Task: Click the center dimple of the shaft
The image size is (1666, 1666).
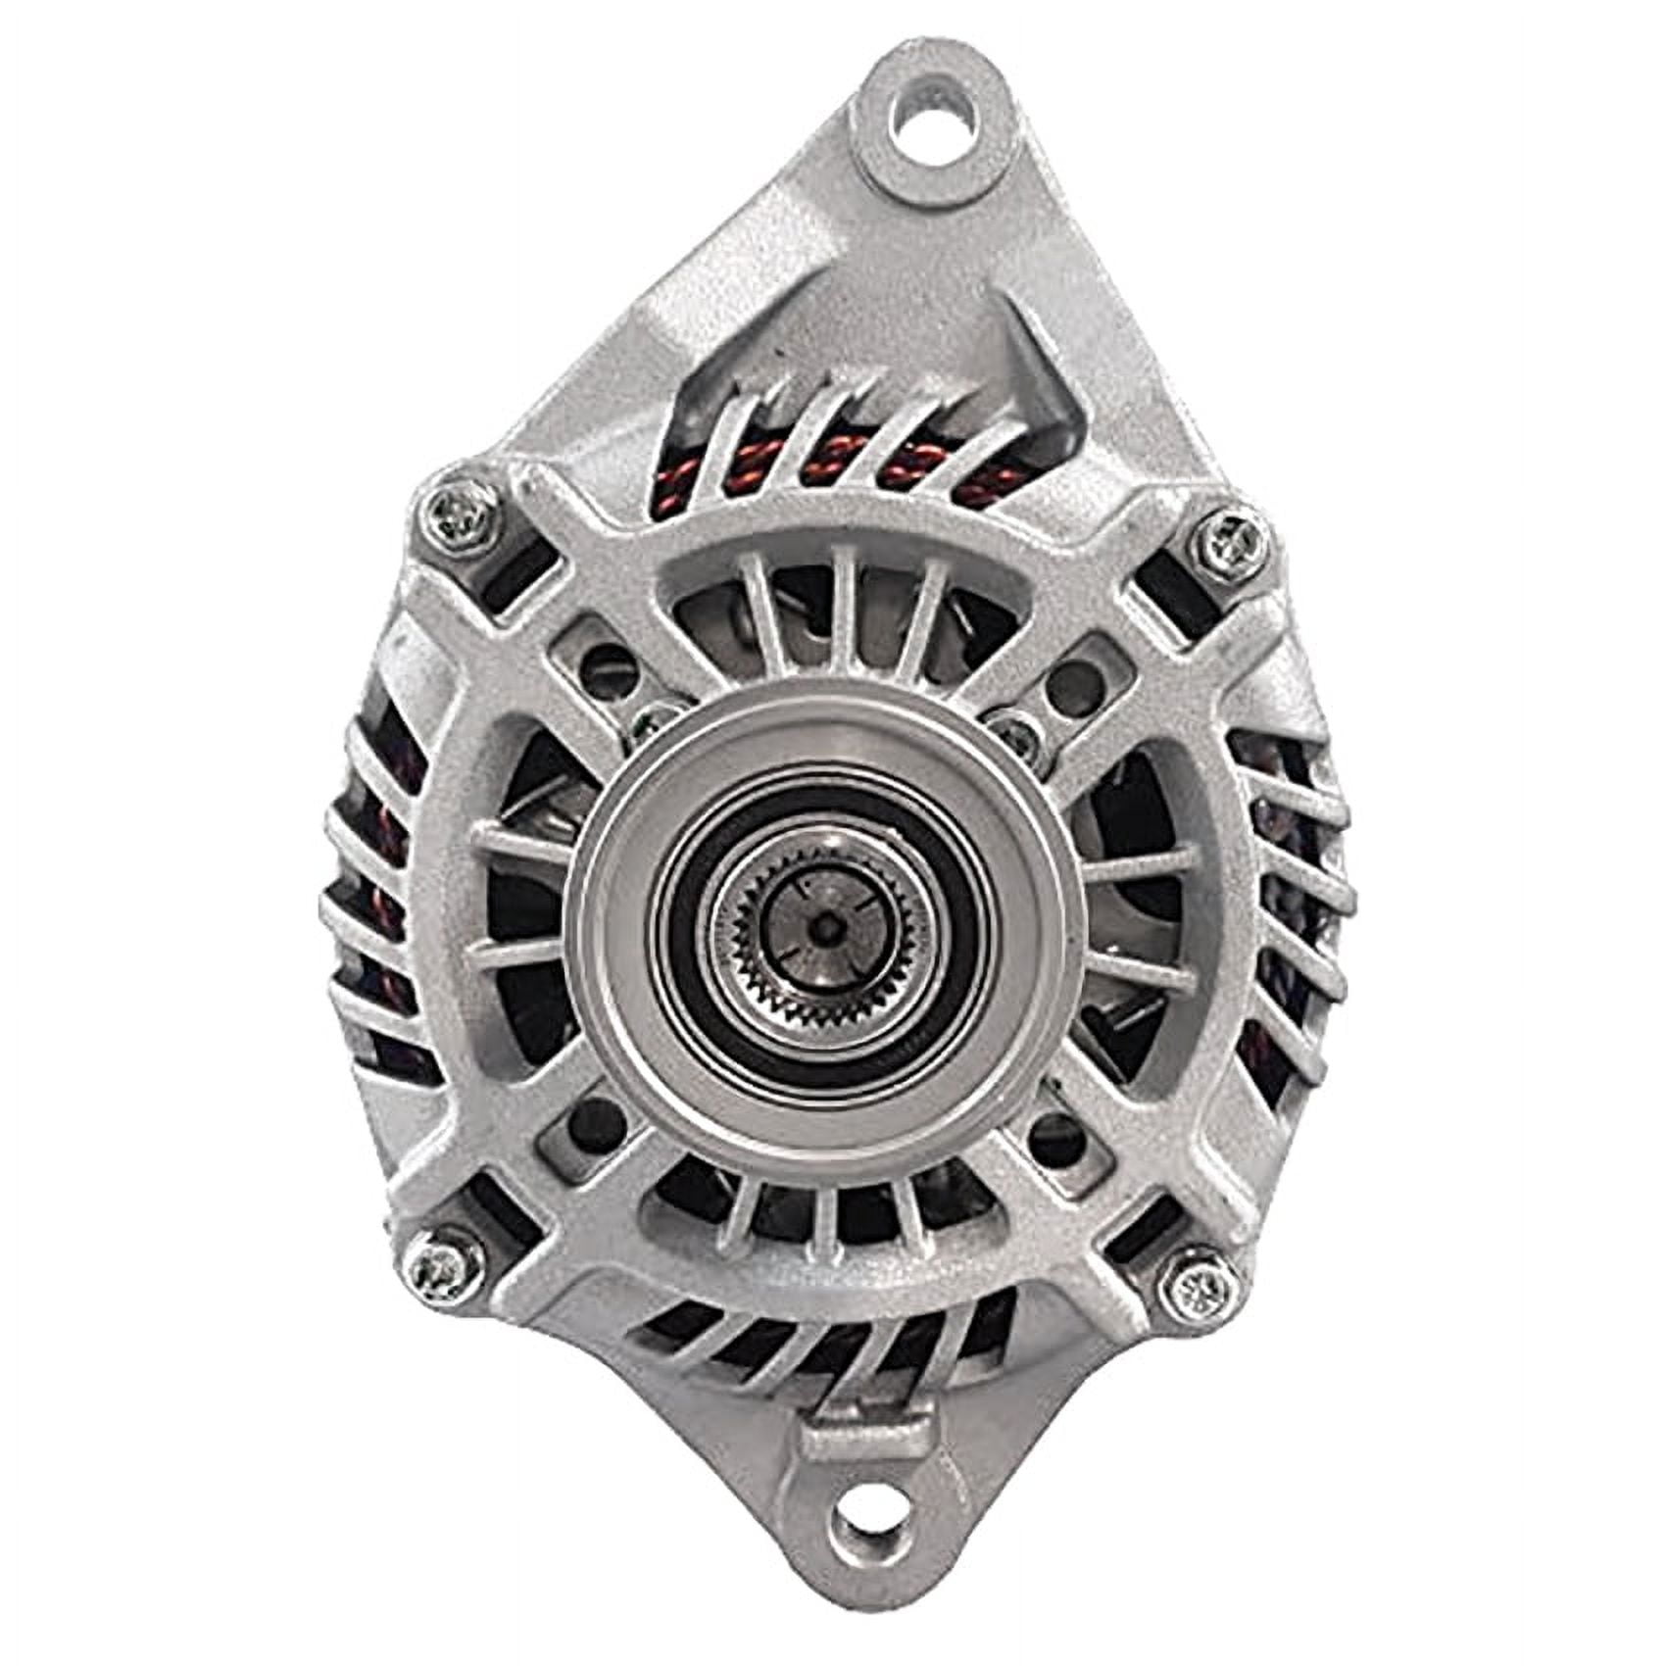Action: (830, 923)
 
